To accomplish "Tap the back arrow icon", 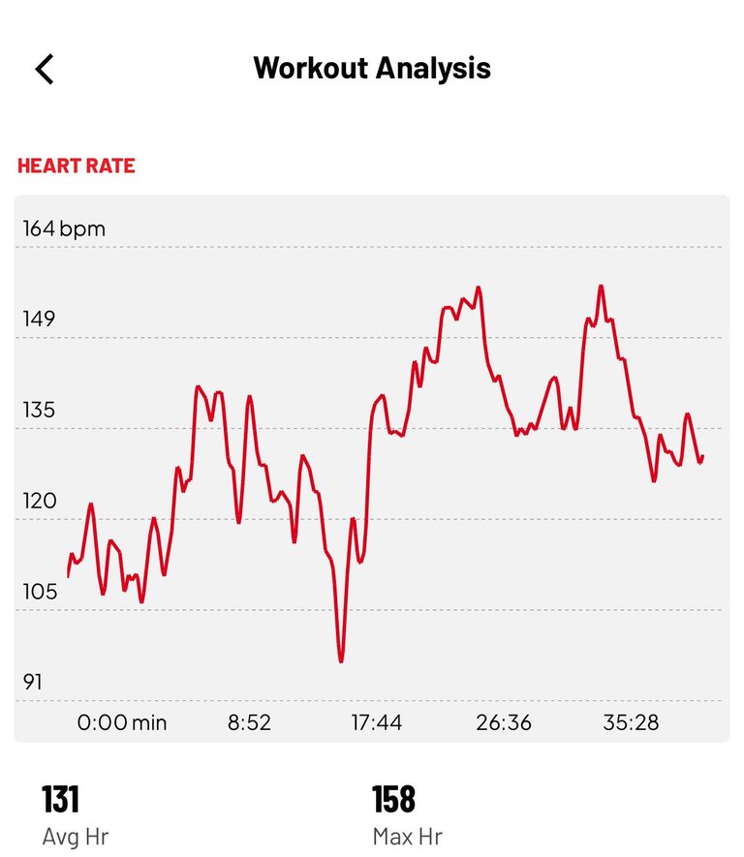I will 45,69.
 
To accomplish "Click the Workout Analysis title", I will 372,69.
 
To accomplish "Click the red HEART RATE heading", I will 77,166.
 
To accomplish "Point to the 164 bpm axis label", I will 64,230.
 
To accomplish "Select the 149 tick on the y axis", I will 40,320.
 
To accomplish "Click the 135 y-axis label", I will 40,410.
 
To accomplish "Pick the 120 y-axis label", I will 40,501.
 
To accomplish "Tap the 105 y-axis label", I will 40,592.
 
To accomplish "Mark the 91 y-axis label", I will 33,682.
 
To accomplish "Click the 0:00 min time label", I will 122,722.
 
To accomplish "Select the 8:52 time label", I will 249,722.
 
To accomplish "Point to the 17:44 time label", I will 376,722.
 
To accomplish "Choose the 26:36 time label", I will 503,722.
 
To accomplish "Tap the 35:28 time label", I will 630,722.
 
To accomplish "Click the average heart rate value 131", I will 60,800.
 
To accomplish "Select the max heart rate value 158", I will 393,800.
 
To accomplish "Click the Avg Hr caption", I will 76,836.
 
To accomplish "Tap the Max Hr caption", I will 407,836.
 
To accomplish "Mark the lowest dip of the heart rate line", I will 341,661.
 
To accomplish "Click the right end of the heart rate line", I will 702,456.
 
